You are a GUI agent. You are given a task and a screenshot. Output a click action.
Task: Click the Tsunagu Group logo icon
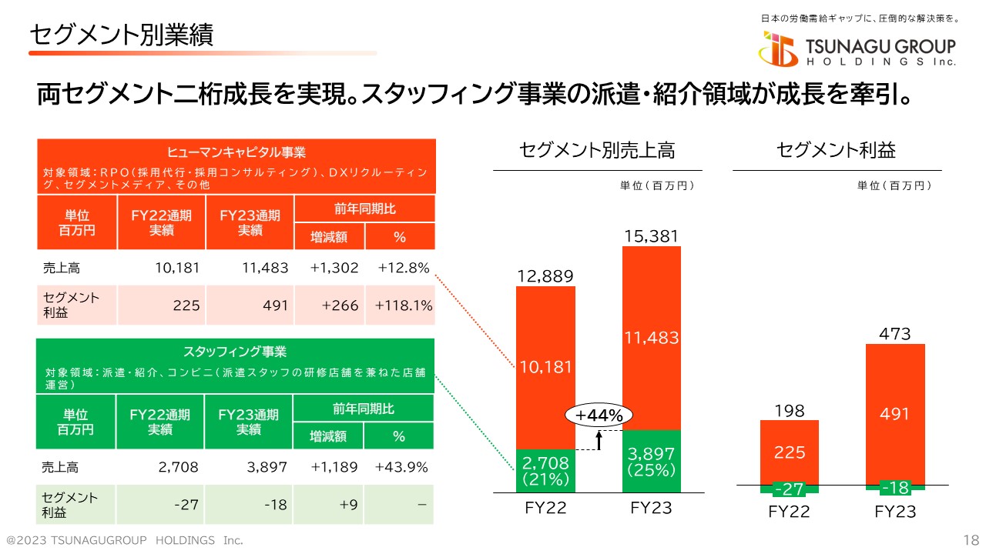click(778, 49)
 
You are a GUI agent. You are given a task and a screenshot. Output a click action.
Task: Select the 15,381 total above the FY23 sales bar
click(651, 236)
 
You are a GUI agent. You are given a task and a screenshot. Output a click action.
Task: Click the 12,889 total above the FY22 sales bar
click(545, 276)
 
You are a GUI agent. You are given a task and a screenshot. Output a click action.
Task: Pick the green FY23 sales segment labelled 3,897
click(651, 460)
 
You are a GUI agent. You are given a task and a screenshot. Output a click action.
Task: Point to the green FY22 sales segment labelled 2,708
click(545, 470)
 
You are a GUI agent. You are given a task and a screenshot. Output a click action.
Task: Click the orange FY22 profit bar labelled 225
click(790, 452)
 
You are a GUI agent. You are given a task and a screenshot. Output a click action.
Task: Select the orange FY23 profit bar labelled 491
click(895, 413)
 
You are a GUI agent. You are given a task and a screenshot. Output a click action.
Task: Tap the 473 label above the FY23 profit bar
click(895, 334)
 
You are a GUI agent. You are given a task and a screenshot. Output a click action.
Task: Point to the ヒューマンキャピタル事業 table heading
click(236, 152)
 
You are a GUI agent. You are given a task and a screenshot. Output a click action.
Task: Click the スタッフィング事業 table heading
click(235, 352)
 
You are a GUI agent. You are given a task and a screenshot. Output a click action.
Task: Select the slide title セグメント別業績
click(121, 34)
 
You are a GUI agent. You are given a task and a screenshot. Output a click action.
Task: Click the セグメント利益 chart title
click(837, 150)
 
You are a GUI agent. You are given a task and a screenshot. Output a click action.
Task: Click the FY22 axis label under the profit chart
click(790, 512)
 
